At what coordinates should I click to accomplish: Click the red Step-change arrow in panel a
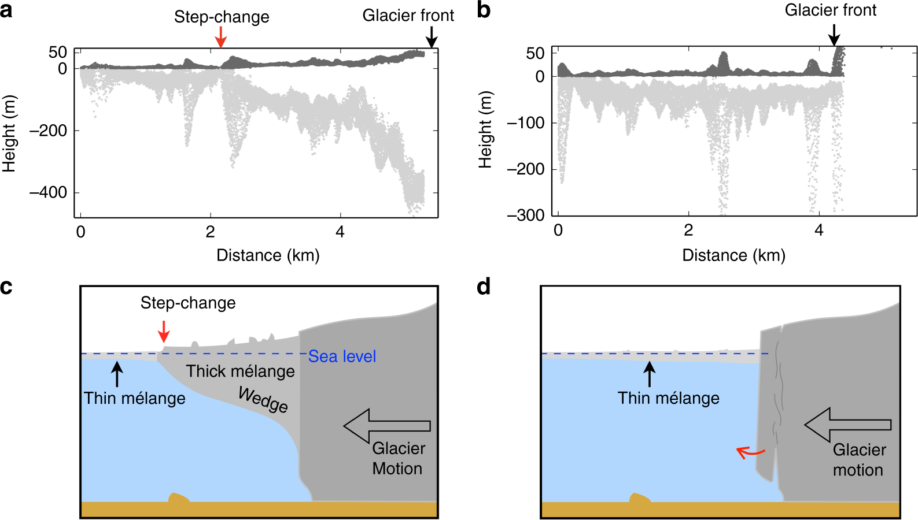pyautogui.click(x=220, y=38)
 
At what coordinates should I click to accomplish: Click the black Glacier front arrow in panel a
pyautogui.click(x=431, y=38)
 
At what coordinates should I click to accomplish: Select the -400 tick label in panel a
pyautogui.click(x=49, y=192)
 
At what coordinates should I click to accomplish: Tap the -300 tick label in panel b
pyautogui.click(x=526, y=216)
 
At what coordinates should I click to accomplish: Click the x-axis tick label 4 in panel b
pyautogui.click(x=819, y=231)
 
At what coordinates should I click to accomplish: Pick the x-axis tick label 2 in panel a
pyautogui.click(x=210, y=232)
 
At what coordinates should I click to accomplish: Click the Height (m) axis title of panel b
pyautogui.click(x=485, y=130)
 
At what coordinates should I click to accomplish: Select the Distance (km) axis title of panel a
pyautogui.click(x=268, y=255)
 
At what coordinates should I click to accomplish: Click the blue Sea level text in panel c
pyautogui.click(x=342, y=356)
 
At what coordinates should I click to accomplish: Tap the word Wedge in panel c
pyautogui.click(x=263, y=400)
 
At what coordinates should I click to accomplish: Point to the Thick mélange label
pyautogui.click(x=240, y=372)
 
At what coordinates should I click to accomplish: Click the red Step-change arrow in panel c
pyautogui.click(x=164, y=332)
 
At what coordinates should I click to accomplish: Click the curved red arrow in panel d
pyautogui.click(x=750, y=452)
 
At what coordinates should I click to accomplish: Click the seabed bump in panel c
pyautogui.click(x=178, y=498)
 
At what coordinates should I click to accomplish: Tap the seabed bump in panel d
pyautogui.click(x=639, y=498)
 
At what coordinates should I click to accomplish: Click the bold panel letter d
pyautogui.click(x=484, y=287)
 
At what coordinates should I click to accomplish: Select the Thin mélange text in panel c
pyautogui.click(x=135, y=399)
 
